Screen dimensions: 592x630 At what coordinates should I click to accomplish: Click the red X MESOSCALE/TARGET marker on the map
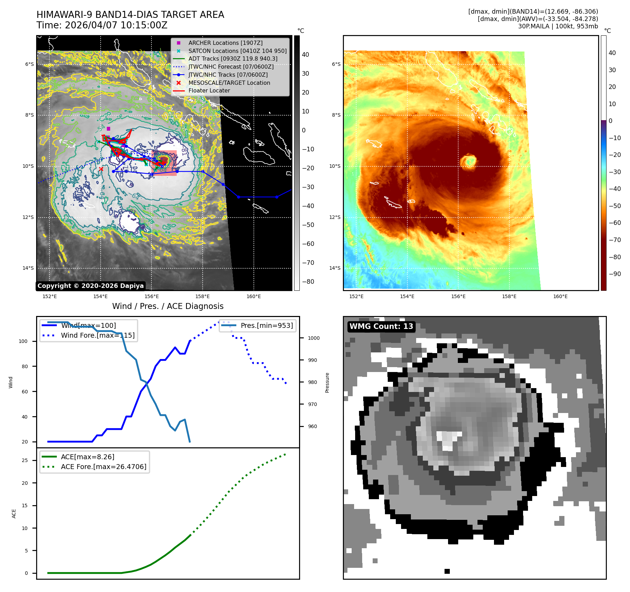(x=101, y=169)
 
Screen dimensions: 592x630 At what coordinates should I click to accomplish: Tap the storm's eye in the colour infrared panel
(x=468, y=161)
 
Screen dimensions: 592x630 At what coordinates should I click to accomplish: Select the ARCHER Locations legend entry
(x=225, y=43)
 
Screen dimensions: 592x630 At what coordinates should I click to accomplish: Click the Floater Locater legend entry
(x=209, y=90)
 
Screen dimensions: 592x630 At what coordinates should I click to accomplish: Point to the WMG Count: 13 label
(x=381, y=326)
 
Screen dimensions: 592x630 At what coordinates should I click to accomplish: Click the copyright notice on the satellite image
(x=90, y=286)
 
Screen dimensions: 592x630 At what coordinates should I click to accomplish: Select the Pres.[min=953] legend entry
(x=266, y=325)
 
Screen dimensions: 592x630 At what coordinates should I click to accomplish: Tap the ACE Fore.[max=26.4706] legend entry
(x=103, y=467)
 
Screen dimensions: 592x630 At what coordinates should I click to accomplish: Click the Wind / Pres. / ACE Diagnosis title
(x=168, y=306)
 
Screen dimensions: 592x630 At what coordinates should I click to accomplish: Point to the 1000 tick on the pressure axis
(x=314, y=338)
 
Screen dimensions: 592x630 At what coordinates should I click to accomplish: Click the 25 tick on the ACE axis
(x=25, y=460)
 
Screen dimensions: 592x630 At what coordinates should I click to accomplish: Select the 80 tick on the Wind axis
(x=25, y=366)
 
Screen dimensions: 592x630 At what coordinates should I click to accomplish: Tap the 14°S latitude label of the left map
(x=28, y=268)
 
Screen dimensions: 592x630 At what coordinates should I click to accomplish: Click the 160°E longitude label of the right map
(x=560, y=296)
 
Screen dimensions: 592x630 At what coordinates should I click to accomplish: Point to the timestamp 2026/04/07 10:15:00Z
(x=116, y=26)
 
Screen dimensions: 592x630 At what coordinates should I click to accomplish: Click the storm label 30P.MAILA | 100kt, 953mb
(x=558, y=26)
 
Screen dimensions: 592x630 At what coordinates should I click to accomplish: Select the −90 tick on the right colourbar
(x=615, y=274)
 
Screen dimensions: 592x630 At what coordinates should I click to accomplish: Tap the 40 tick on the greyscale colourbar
(x=305, y=55)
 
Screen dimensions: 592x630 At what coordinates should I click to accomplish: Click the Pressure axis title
(x=327, y=383)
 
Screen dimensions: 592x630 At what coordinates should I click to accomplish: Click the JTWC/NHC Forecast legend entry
(x=231, y=67)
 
